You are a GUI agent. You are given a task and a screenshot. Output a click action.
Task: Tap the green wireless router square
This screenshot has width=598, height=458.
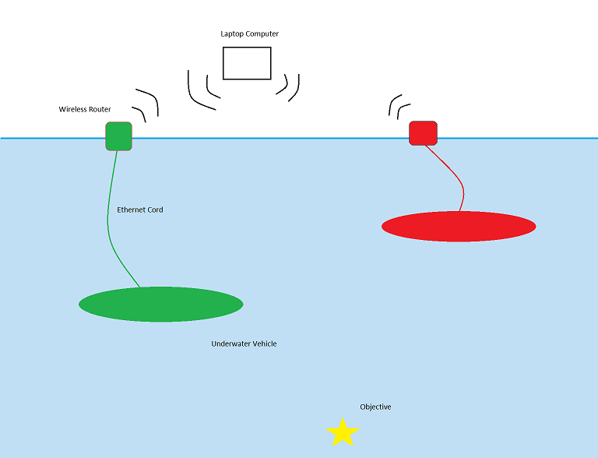pyautogui.click(x=118, y=136)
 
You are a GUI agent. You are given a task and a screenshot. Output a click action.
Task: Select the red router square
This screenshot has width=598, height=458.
pyautogui.click(x=423, y=133)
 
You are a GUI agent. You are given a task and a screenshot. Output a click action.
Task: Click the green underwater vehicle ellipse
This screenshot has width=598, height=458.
pyautogui.click(x=161, y=305)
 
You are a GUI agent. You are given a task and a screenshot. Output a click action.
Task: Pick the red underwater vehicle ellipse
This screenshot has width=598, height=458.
pyautogui.click(x=459, y=227)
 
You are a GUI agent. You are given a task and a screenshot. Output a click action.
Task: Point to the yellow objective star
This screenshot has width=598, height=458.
pyautogui.click(x=343, y=432)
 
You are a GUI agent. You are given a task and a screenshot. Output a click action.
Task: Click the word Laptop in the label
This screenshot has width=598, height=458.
pyautogui.click(x=232, y=34)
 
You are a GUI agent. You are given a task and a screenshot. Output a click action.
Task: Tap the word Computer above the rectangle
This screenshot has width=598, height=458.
pyautogui.click(x=262, y=34)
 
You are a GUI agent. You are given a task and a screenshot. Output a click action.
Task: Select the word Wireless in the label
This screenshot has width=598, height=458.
pyautogui.click(x=72, y=109)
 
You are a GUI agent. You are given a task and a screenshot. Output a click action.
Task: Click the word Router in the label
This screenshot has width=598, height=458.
pyautogui.click(x=100, y=109)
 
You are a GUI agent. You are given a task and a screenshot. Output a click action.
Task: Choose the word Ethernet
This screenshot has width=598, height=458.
pyautogui.click(x=129, y=210)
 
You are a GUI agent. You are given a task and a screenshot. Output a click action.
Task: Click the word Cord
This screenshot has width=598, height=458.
pyautogui.click(x=153, y=210)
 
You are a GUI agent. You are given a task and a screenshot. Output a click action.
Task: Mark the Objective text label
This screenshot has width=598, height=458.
pyautogui.click(x=375, y=407)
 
